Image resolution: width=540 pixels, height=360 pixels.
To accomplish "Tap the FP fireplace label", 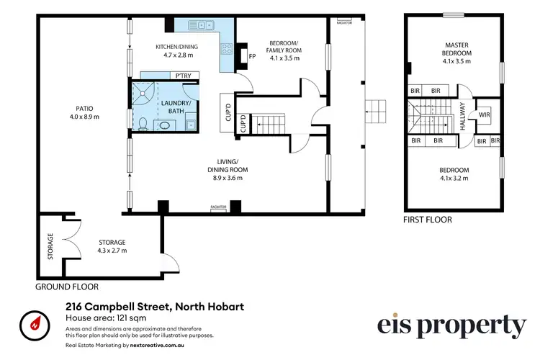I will [252, 56].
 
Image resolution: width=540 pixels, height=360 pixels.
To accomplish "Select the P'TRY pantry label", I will [183, 75].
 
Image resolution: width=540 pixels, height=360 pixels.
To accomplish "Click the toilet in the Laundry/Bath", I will [144, 125].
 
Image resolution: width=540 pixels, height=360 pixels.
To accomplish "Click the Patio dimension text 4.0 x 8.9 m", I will [84, 117].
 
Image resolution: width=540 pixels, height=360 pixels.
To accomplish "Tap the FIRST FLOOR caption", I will [428, 220].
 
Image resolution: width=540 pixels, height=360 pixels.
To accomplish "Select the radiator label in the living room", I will [219, 207].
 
